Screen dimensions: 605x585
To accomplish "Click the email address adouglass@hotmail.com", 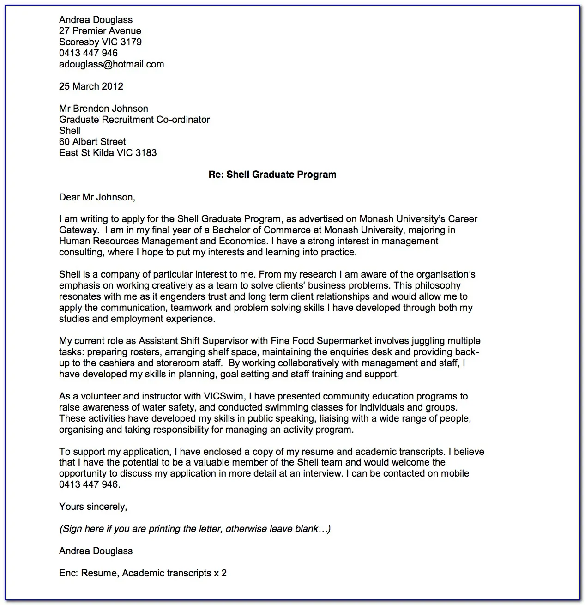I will [x=111, y=64].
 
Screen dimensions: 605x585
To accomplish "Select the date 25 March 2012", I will [x=91, y=86].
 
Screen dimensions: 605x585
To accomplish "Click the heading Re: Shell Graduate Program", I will [x=272, y=175].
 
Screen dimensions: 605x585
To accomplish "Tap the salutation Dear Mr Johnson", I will [x=97, y=197].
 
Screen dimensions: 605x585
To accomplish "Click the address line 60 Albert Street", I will [x=92, y=142].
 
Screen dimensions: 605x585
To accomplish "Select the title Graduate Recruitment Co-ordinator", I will [x=134, y=120].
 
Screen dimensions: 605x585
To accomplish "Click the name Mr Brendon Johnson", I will [x=103, y=109].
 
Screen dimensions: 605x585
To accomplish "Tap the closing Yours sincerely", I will [x=93, y=507].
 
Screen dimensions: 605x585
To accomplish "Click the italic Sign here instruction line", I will [x=194, y=529].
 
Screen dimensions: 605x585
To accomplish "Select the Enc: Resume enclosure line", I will [x=143, y=573].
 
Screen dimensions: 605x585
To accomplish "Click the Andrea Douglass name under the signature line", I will [x=96, y=551].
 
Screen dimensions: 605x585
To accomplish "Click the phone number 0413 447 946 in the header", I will [x=88, y=53].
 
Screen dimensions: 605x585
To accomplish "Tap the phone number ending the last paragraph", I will [x=89, y=484].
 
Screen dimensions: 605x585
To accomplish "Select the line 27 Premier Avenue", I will [x=100, y=31].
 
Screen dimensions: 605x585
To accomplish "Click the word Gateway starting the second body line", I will [x=78, y=230].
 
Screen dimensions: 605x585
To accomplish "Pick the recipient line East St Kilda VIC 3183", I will [x=108, y=153].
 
